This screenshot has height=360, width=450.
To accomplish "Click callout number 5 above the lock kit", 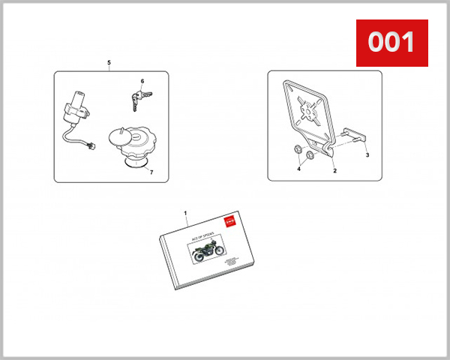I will [x=109, y=61].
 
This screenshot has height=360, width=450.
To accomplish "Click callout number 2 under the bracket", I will [x=334, y=171].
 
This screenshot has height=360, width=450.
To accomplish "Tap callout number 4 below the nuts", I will [x=298, y=169].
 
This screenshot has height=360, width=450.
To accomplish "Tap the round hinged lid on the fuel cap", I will [x=121, y=136].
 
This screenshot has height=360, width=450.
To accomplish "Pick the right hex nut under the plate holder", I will [x=307, y=156].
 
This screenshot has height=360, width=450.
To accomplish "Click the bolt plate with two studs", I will [x=354, y=138].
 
